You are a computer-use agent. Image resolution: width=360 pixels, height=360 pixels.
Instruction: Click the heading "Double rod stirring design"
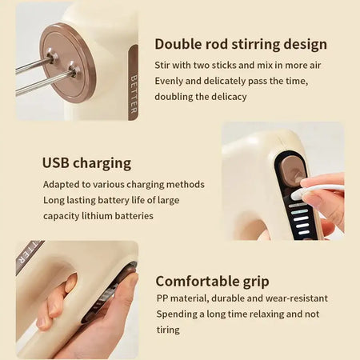tap(241, 44)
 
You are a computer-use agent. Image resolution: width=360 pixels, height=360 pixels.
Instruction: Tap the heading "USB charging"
tap(86, 163)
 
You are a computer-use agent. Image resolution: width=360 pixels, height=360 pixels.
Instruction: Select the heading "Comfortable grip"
tap(212, 281)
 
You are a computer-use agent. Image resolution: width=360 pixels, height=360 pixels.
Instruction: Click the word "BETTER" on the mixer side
tap(133, 94)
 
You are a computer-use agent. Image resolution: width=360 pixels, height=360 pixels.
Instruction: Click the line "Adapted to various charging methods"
tap(123, 184)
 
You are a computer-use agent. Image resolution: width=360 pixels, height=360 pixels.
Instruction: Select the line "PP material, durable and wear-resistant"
tap(242, 298)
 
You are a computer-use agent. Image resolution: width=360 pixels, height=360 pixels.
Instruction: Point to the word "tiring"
tap(168, 330)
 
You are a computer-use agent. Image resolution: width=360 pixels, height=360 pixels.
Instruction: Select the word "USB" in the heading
tap(58, 163)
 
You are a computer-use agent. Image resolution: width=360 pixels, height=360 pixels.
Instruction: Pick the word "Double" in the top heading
tap(180, 44)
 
